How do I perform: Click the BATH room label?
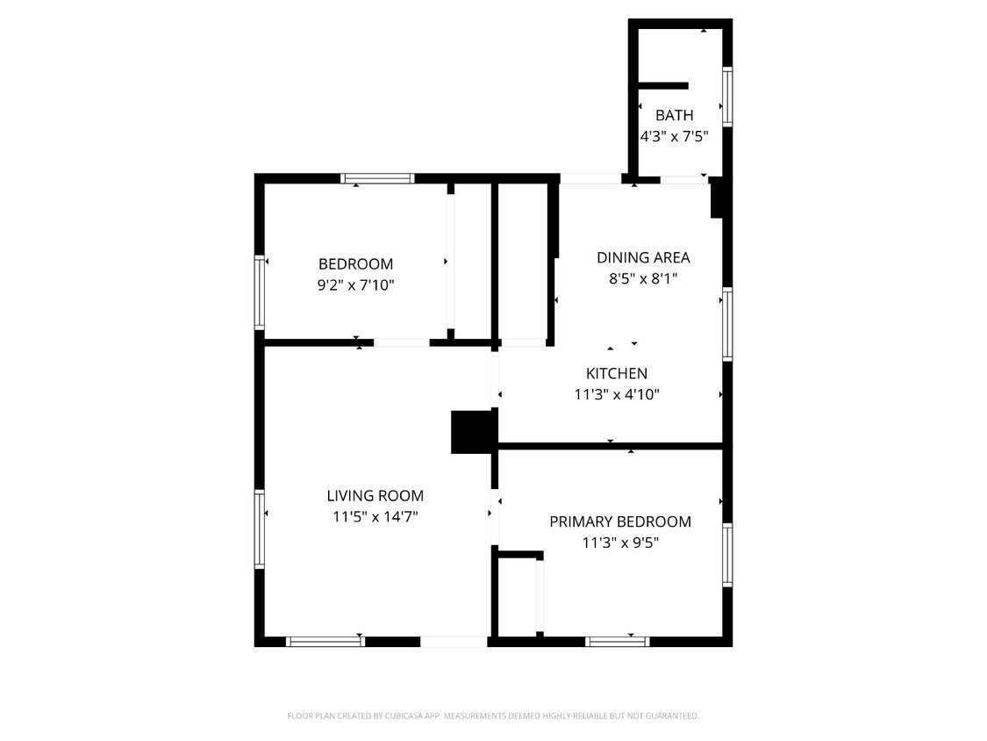pos(674,115)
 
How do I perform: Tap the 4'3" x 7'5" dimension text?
pos(674,136)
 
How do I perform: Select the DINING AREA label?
pos(643,257)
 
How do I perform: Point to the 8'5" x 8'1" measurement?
pos(643,279)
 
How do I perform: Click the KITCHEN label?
pos(617,373)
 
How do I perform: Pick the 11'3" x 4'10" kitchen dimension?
pos(617,394)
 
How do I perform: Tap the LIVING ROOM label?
pos(375,495)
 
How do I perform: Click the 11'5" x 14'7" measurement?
pos(375,516)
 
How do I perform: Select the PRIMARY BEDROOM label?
pos(619,522)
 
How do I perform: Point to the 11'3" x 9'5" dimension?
pos(619,543)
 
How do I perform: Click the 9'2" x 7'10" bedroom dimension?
pos(355,284)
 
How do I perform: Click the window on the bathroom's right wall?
pos(727,96)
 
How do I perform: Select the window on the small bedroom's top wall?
pos(377,178)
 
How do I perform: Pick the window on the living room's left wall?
pos(260,528)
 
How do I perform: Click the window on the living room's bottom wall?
pos(325,642)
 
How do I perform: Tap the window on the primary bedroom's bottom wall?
pos(618,642)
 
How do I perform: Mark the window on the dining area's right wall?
pos(727,323)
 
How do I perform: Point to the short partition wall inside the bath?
pos(662,85)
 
